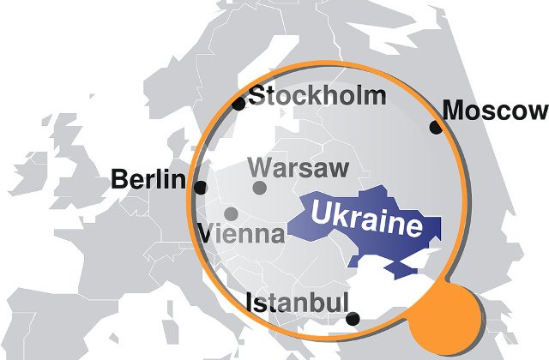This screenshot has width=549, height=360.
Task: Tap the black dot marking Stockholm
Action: (x=238, y=104)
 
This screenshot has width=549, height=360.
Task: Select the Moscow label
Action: (x=494, y=111)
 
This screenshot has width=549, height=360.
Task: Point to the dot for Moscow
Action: (x=436, y=128)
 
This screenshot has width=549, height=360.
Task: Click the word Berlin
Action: (x=148, y=180)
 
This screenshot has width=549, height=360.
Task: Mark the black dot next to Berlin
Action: (x=200, y=188)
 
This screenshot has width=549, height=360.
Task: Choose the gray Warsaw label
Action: (x=297, y=165)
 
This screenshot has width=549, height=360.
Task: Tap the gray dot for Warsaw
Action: (x=259, y=188)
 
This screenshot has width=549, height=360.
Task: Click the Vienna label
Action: (x=242, y=233)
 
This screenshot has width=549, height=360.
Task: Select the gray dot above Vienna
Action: (x=231, y=213)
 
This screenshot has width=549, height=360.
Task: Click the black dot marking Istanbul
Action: (x=353, y=319)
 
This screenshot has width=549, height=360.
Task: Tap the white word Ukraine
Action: (x=367, y=219)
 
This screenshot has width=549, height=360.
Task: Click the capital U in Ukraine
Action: (x=323, y=211)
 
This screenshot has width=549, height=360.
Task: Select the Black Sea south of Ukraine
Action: (x=377, y=291)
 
